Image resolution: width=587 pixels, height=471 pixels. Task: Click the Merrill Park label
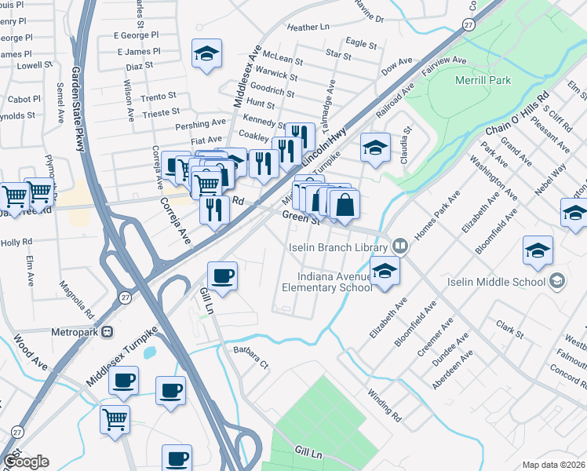[x=483, y=80]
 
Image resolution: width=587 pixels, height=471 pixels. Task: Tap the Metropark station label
[x=76, y=331]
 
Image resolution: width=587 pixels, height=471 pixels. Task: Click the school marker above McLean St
[x=206, y=53]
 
